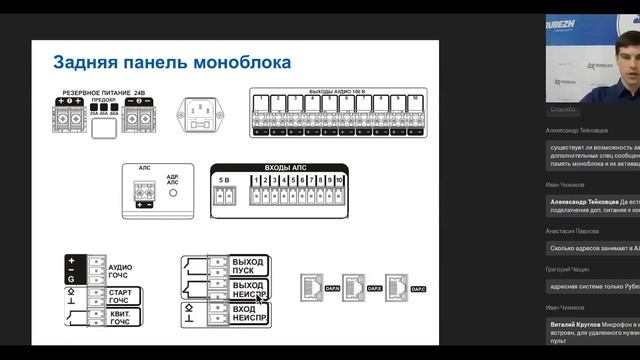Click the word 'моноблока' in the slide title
pos(238,63)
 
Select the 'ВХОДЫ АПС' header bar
pos(277,167)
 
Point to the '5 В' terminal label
pos(225,179)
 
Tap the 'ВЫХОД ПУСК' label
pos(246,266)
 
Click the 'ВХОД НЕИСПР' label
pos(246,316)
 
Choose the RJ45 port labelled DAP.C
pos(400,287)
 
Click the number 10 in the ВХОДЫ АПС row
pos(339,179)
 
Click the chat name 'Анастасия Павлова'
pos(574,229)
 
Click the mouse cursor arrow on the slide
pos(260,296)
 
